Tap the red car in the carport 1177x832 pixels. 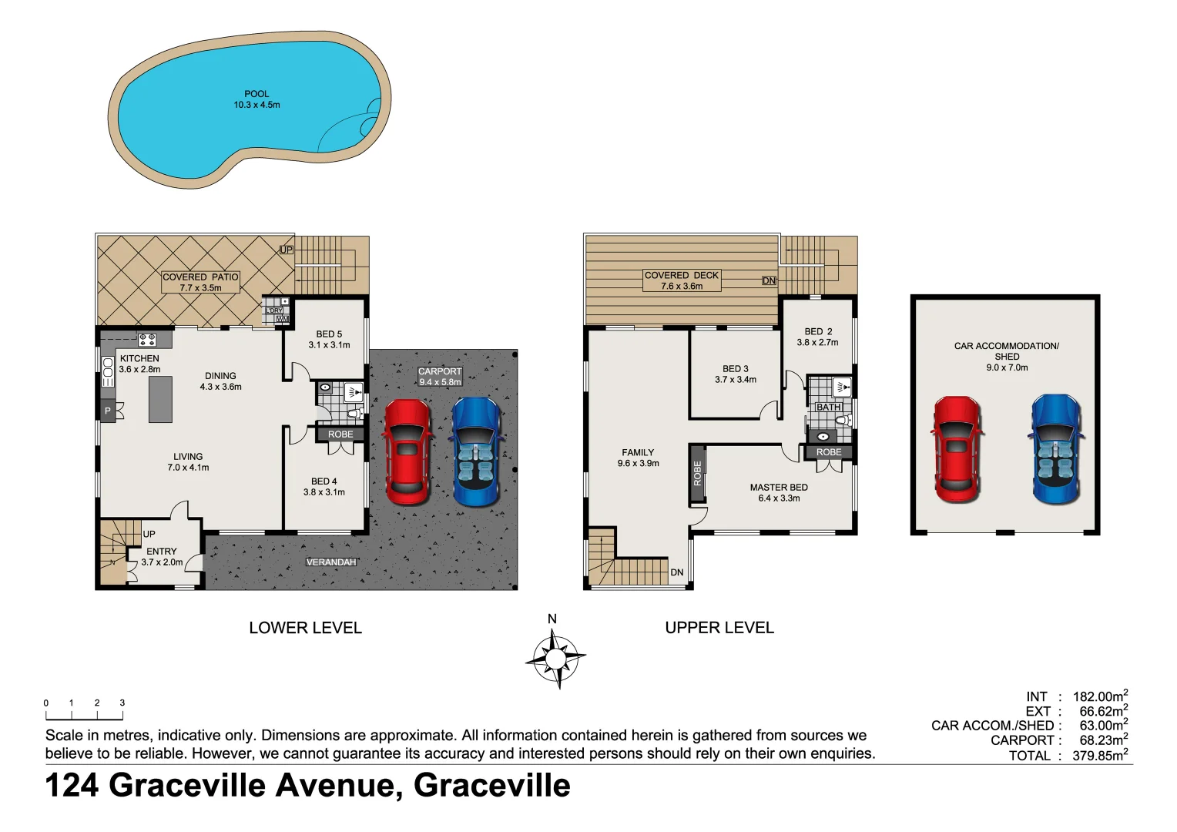[x=407, y=451]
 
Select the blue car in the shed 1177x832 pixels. [x=1057, y=449]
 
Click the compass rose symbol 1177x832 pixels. [x=555, y=658]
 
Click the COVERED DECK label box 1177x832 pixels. [x=682, y=280]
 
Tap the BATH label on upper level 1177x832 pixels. [x=828, y=407]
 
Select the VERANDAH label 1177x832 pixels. [x=331, y=562]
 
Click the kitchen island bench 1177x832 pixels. [x=160, y=399]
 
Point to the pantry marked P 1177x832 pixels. [x=108, y=411]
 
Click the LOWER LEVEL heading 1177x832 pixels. [x=305, y=628]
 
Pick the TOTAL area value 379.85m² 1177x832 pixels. [x=1100, y=756]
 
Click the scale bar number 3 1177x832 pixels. [x=122, y=703]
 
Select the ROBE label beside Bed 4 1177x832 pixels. [x=340, y=434]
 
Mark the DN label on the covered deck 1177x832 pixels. [x=769, y=281]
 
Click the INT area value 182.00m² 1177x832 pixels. [x=1100, y=696]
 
